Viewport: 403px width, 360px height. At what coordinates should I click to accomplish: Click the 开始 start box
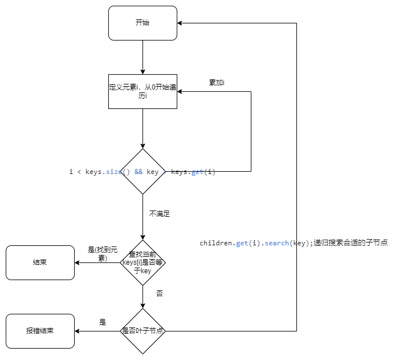click(x=143, y=23)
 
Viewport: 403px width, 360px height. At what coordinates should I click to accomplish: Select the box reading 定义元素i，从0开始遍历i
click(x=143, y=91)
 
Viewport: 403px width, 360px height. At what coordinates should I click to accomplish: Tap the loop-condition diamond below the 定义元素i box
click(x=143, y=171)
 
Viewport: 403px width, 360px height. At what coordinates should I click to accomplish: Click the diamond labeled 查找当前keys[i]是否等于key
click(x=143, y=262)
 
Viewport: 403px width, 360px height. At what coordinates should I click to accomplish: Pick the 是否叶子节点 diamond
click(x=143, y=331)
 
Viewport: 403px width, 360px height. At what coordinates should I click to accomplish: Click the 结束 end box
click(x=40, y=262)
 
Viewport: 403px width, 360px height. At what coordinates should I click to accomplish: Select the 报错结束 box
click(x=40, y=331)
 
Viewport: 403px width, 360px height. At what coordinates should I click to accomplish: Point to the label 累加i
click(x=217, y=83)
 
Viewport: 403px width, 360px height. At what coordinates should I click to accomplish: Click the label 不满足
click(x=160, y=214)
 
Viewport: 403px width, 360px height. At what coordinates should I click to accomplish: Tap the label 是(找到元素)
click(x=102, y=254)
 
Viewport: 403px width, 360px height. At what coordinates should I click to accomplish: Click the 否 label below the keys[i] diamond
click(x=160, y=293)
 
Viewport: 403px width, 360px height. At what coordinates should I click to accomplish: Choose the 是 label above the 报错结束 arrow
click(x=103, y=322)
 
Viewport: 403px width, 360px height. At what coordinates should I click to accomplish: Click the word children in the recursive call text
click(x=216, y=243)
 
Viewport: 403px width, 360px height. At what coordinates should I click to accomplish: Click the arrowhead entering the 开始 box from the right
click(x=180, y=23)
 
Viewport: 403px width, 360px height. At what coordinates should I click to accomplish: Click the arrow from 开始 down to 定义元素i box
click(x=143, y=57)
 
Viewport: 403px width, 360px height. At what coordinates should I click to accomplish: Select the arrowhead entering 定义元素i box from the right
click(x=180, y=91)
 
